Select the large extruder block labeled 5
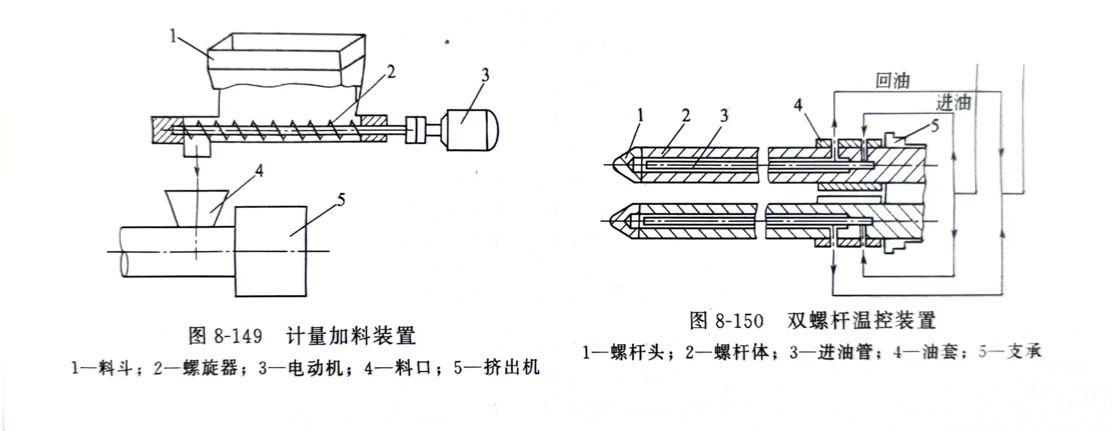pos(271,251)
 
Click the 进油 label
pos(953,103)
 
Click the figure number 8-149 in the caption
pos(238,336)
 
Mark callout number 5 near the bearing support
pos(934,126)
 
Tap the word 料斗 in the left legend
pos(115,368)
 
